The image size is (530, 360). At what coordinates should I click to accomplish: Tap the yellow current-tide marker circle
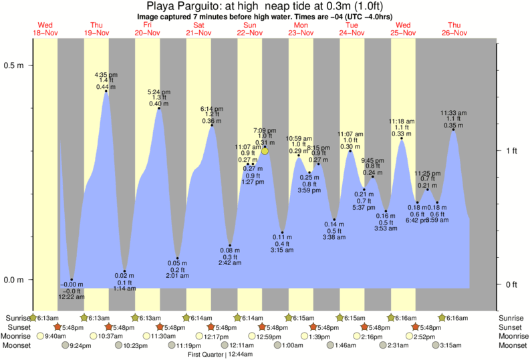[x=265, y=151]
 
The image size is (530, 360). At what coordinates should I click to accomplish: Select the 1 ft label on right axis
[x=511, y=151]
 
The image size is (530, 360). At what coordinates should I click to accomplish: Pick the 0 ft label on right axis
[x=511, y=285]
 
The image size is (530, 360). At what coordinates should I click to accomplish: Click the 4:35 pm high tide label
[x=106, y=75]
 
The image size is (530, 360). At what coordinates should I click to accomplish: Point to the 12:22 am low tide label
[x=72, y=297]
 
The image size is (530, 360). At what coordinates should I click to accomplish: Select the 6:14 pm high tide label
[x=212, y=108]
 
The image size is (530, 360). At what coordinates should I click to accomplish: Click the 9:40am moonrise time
[x=55, y=337]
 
